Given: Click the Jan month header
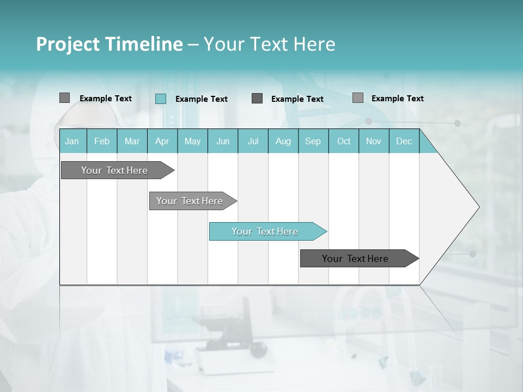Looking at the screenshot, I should click(72, 141).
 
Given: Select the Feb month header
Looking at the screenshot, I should click(102, 141).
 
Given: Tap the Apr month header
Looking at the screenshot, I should click(162, 141).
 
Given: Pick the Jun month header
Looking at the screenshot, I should click(223, 141).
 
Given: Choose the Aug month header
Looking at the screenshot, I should click(283, 141).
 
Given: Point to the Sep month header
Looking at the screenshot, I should click(313, 141).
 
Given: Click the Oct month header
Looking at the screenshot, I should click(344, 141).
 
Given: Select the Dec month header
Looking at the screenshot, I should click(404, 141).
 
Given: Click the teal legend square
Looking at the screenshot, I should click(161, 99).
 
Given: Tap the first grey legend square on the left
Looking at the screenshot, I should click(64, 98).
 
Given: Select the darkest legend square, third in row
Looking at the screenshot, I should click(257, 99).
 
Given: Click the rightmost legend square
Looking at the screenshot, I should click(357, 98).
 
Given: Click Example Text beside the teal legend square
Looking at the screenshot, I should click(202, 99).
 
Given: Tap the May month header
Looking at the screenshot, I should click(192, 141).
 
